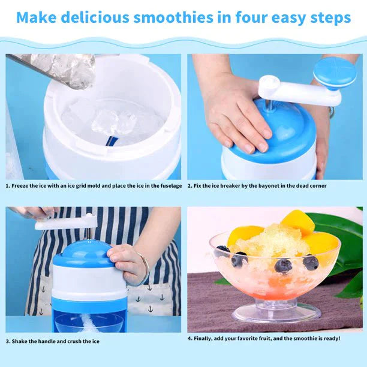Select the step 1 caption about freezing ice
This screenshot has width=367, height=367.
[x=94, y=186]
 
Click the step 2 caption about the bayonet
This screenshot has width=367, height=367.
[x=257, y=186]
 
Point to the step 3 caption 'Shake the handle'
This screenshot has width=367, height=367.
[x=53, y=341]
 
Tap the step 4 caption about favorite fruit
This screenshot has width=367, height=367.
[x=263, y=338]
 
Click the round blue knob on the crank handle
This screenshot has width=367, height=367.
[x=334, y=73]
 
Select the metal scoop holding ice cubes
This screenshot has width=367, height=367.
[x=60, y=69]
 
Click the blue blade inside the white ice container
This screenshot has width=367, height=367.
[x=112, y=140]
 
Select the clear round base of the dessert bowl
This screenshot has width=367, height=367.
[x=276, y=312]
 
